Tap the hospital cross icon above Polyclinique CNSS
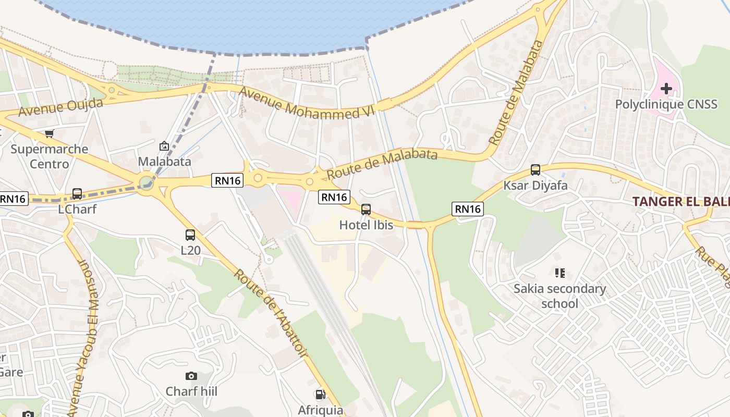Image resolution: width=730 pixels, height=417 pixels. click(666, 88)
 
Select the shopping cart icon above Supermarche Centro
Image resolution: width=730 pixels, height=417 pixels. click(49, 133)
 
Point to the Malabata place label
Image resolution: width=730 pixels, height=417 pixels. click(164, 162)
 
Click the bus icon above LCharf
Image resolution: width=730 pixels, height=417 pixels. click(77, 194)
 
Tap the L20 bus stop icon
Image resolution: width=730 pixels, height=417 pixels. click(190, 235)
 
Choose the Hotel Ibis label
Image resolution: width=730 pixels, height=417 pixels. click(366, 225)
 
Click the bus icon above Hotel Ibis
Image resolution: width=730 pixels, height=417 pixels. click(366, 210)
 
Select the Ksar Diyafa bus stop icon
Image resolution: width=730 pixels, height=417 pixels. click(536, 170)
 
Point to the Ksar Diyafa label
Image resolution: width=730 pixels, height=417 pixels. click(536, 186)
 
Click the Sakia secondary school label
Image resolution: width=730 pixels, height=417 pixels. click(560, 296)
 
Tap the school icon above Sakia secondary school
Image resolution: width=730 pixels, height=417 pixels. click(560, 273)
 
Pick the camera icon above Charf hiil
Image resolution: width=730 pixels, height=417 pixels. click(191, 376)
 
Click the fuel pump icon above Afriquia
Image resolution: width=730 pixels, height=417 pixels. click(320, 395)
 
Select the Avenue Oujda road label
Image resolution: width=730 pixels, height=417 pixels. click(60, 107)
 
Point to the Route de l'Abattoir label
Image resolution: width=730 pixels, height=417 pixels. click(271, 314)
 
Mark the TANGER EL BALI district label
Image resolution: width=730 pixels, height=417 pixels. click(680, 201)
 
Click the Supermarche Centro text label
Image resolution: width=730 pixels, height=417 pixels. click(50, 156)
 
